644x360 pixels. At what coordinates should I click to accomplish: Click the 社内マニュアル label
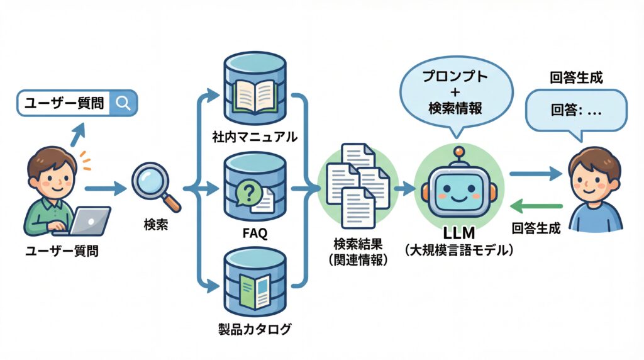(255, 137)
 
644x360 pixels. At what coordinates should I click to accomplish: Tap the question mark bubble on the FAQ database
(248, 192)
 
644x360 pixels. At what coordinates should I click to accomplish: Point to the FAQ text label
(255, 233)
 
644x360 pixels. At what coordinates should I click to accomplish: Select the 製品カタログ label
(255, 329)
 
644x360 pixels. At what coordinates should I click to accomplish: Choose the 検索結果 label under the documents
(358, 244)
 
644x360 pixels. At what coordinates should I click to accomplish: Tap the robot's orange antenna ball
(459, 151)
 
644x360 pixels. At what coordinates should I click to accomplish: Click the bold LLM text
(458, 234)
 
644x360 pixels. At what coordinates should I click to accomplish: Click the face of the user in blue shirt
(593, 176)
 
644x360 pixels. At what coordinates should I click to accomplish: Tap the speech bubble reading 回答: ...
(575, 111)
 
